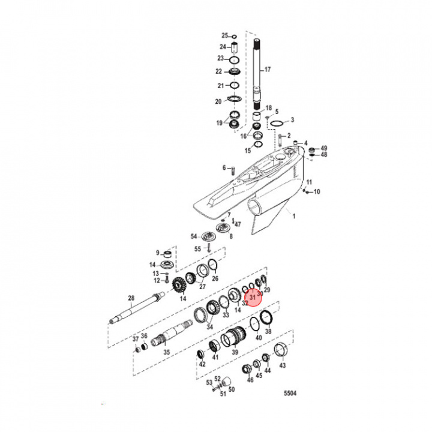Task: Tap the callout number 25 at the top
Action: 224,35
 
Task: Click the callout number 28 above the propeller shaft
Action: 131,298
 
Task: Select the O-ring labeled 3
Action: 277,124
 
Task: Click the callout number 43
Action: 283,365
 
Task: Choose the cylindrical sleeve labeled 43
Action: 280,349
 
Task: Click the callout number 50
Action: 232,389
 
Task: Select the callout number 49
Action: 324,148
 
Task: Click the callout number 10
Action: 318,191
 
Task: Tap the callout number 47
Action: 237,224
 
